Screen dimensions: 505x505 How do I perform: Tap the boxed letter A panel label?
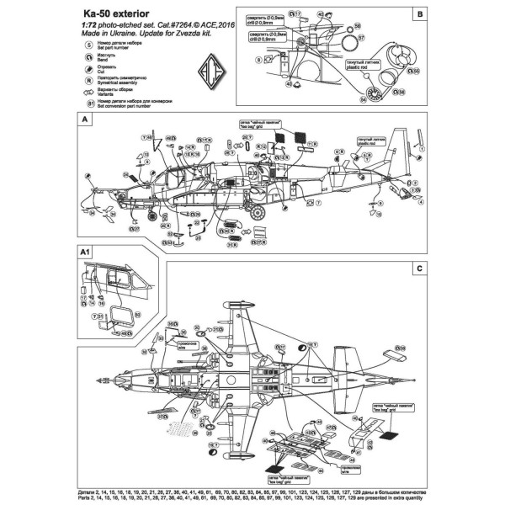[83, 120]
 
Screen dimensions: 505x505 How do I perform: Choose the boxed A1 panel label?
[85, 252]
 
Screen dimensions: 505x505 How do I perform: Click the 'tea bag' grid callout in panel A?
[262, 123]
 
